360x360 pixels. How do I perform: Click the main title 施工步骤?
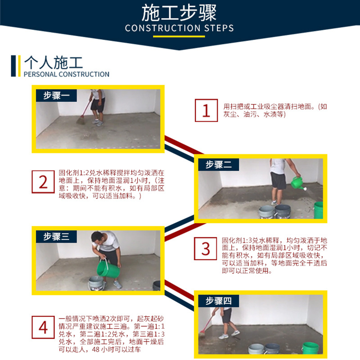tap(180, 13)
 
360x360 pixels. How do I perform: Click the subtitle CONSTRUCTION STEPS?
tap(180, 28)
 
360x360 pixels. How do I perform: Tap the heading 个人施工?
tap(54, 62)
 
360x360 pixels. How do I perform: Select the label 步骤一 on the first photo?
tap(56, 95)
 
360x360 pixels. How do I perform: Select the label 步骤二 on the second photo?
tap(219, 164)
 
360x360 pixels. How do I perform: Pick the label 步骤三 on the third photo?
tap(56, 237)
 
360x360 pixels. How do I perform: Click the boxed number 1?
tap(206, 110)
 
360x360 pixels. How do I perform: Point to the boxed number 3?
tap(206, 248)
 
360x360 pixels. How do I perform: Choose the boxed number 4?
tap(43, 327)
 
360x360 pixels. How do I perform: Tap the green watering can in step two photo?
tap(297, 182)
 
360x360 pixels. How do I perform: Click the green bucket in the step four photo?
tap(310, 347)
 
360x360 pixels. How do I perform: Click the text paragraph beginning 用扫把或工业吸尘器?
tap(275, 110)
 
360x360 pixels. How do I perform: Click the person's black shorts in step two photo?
tap(279, 180)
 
